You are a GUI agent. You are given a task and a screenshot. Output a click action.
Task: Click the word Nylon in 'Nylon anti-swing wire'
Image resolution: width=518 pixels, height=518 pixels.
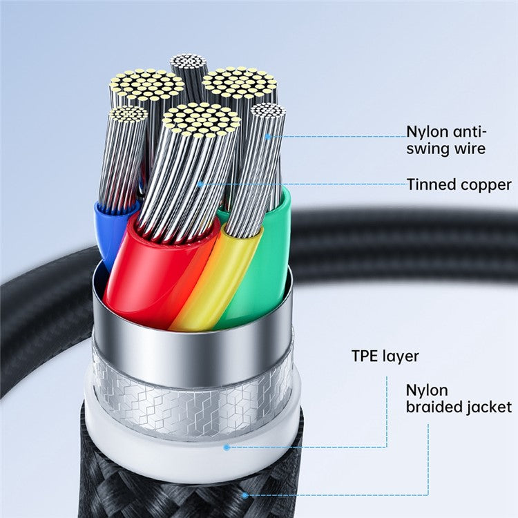click(423, 131)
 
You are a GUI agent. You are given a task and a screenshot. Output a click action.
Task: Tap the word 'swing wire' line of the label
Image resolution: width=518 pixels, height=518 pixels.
click(446, 148)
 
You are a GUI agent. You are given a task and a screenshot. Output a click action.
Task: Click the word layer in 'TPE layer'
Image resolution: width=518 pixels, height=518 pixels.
click(403, 357)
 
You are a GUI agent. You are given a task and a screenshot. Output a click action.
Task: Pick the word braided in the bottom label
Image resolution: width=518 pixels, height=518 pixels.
click(436, 407)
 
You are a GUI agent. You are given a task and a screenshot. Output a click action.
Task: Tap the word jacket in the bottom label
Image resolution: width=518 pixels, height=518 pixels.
click(490, 407)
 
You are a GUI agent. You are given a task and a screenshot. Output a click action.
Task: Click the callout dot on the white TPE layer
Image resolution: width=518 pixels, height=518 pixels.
click(227, 447)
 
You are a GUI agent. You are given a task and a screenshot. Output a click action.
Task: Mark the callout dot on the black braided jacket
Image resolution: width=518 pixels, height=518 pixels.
click(244, 495)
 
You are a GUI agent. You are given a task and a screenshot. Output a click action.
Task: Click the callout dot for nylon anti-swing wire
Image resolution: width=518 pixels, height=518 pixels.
click(267, 136)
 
